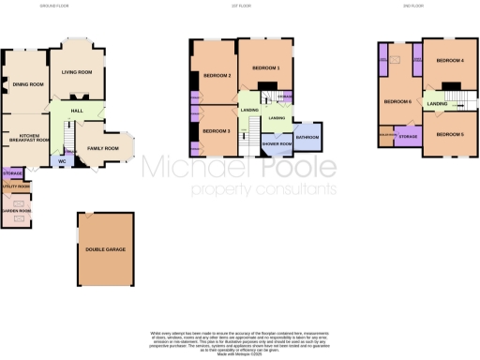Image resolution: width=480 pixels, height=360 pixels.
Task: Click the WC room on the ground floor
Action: point(62,160)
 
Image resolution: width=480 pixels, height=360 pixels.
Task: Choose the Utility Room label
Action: point(17,187)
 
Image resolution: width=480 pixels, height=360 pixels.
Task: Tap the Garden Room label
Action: point(16,211)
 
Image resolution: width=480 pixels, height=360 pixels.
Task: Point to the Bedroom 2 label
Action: point(217,76)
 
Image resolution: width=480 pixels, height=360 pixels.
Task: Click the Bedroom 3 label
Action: point(217,130)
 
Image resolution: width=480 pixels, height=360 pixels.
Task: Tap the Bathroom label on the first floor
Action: point(307,138)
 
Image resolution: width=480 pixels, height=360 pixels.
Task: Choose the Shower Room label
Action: point(277,143)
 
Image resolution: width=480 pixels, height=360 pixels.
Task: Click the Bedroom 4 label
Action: point(450,61)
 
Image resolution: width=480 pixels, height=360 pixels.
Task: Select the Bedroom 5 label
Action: point(450,134)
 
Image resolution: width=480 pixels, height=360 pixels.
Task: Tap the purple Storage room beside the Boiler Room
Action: point(408,138)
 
